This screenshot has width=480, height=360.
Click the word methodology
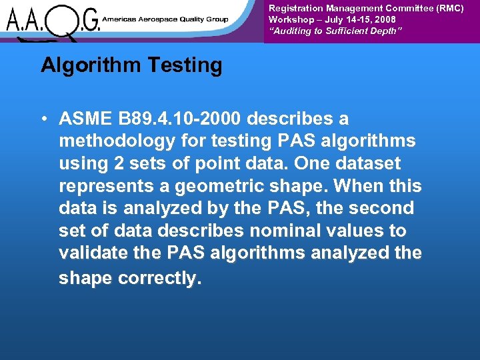pos(110,141)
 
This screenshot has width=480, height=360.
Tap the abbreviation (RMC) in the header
pos(447,8)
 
